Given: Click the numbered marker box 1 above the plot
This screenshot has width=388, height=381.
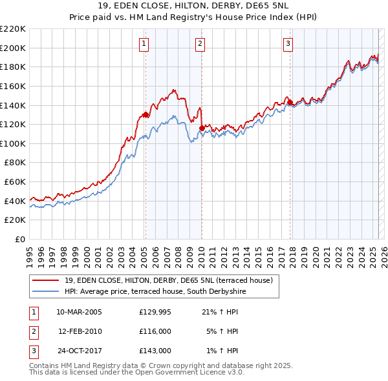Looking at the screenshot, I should (144, 44).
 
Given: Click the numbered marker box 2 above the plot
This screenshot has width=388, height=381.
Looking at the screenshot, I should (200, 44).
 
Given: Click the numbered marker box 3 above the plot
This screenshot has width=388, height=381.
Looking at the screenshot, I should (288, 44).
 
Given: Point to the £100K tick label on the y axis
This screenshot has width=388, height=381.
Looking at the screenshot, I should (13, 143).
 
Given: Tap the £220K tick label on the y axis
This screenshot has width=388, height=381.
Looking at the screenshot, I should (13, 29).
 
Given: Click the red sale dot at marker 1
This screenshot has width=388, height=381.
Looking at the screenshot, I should (145, 114).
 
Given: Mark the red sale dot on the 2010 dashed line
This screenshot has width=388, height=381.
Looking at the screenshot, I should (202, 128).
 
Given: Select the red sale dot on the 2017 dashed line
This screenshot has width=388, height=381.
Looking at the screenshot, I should (290, 102).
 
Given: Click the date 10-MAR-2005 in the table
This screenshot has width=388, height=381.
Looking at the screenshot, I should (79, 311).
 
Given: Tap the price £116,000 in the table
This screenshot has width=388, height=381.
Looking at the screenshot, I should (155, 331).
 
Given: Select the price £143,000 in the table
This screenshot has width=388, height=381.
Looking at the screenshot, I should (155, 351).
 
